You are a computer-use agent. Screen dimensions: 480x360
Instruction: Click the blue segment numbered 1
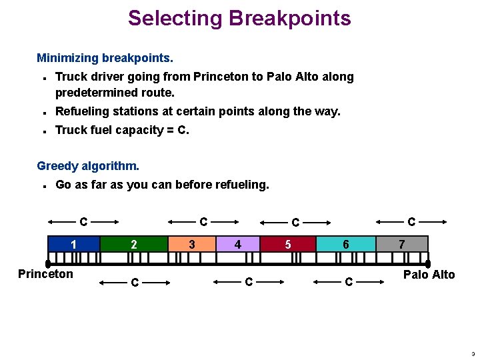74,244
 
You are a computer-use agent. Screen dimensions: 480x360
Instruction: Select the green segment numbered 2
133,244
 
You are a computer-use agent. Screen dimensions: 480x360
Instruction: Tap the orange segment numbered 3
192,244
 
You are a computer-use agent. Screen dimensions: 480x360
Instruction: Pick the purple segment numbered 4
237,244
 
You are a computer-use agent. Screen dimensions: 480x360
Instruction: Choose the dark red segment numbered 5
288,244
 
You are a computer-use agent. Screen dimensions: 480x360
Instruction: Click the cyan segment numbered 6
345,244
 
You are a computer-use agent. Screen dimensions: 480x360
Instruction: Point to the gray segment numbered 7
401,244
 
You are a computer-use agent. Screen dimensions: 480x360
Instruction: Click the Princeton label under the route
45,274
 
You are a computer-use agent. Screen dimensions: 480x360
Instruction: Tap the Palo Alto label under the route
429,274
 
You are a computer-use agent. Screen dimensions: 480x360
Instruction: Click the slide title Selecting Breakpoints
239,18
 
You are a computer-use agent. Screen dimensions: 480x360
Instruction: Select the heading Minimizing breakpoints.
105,58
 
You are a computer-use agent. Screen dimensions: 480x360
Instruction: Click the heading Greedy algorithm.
88,165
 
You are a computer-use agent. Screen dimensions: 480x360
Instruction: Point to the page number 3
473,353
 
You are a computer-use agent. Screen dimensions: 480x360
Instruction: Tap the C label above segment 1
83,221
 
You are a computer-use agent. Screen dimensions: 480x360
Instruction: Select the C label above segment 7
411,221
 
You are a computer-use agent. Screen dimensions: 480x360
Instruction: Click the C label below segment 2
135,283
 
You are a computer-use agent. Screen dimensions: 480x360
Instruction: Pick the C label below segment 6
348,283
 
